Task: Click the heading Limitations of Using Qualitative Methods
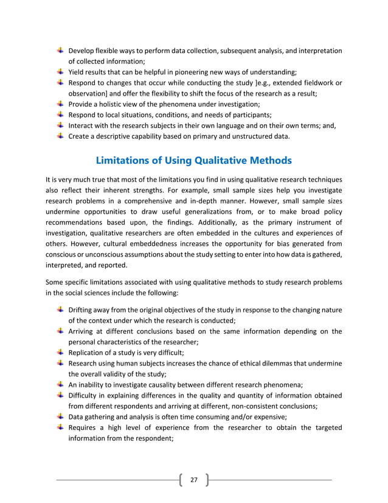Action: (x=193, y=161)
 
